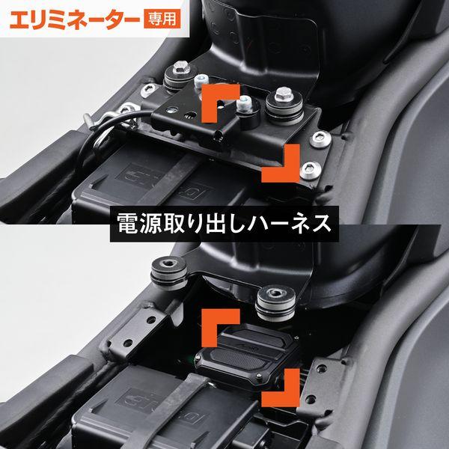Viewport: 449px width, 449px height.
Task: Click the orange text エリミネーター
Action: pos(72,18)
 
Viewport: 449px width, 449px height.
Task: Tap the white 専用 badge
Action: pos(160,18)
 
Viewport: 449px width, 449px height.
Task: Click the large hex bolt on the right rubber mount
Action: pos(283,95)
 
